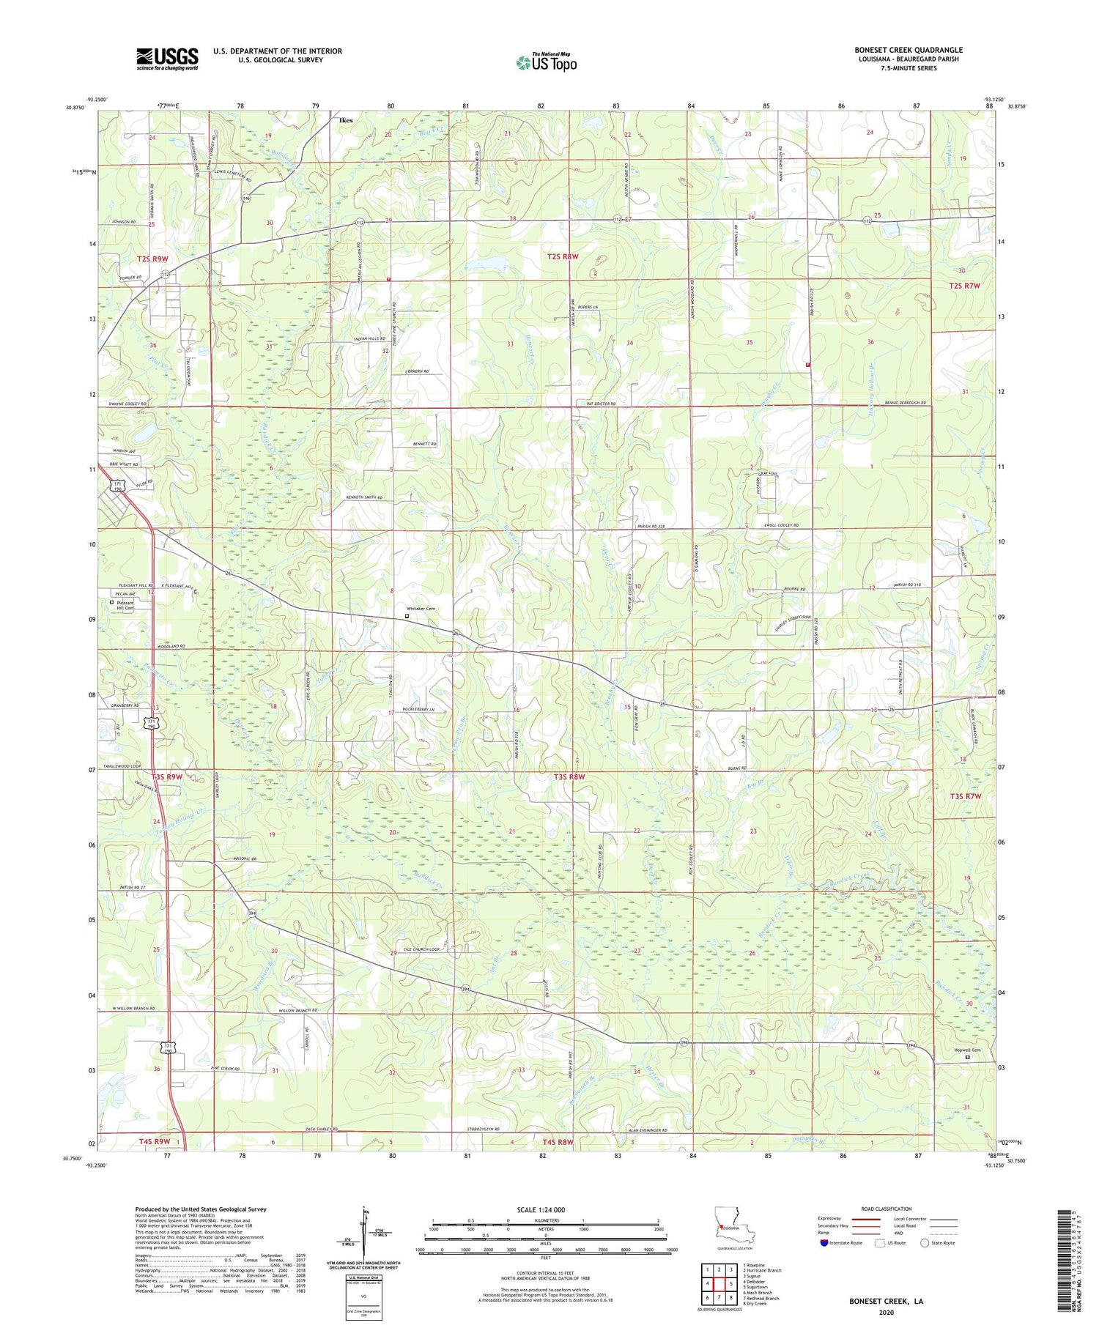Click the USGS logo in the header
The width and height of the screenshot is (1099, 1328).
166,58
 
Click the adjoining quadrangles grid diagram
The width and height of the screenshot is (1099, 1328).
718,1283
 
